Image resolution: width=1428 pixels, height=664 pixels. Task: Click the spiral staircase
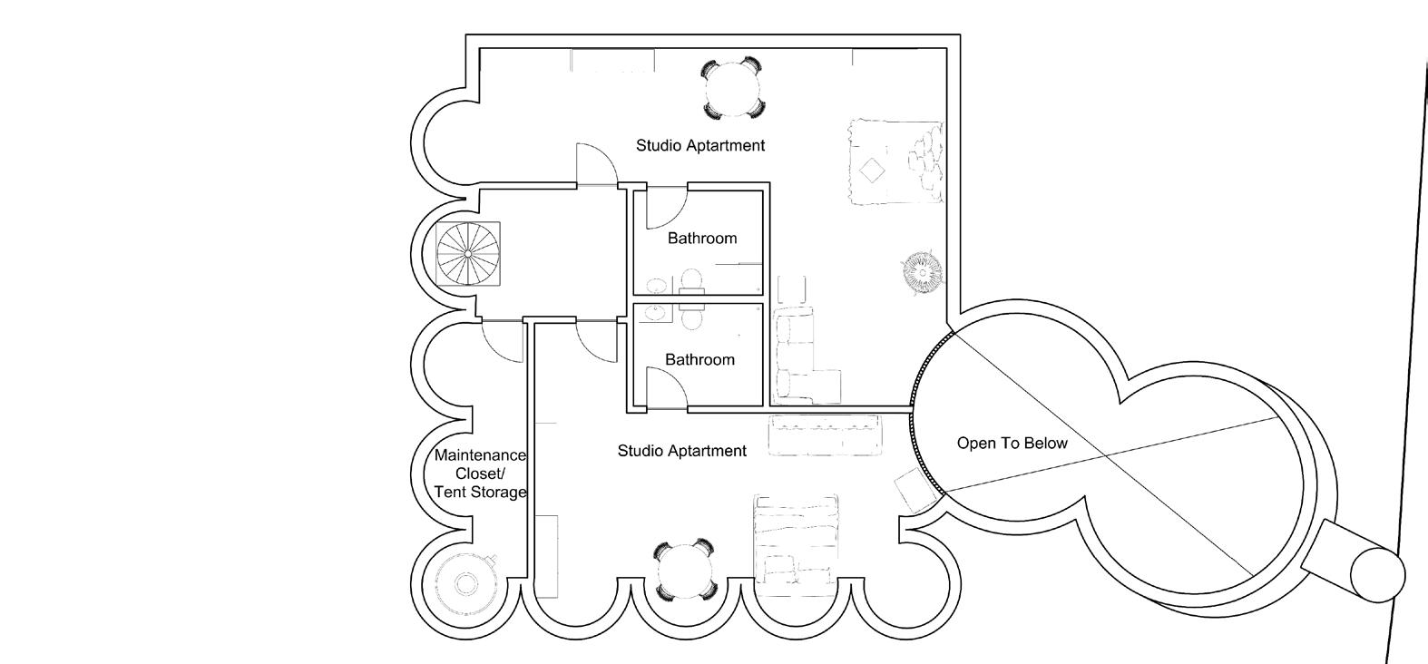pyautogui.click(x=468, y=253)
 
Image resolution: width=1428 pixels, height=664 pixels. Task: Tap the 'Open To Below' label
pyautogui.click(x=1012, y=444)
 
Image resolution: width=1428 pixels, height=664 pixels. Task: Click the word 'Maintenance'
pyautogui.click(x=480, y=455)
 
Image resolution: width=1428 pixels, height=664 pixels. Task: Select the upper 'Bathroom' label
pyautogui.click(x=702, y=239)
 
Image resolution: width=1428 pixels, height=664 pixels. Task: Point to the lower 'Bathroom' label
pyautogui.click(x=699, y=360)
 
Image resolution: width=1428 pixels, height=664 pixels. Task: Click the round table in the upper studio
pyautogui.click(x=732, y=88)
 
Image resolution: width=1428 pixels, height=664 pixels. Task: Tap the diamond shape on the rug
pyautogui.click(x=872, y=171)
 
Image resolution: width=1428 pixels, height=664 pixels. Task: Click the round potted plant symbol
pyautogui.click(x=922, y=271)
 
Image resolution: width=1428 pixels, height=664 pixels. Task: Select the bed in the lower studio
pyautogui.click(x=796, y=540)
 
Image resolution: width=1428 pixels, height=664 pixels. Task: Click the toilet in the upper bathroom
pyautogui.click(x=691, y=279)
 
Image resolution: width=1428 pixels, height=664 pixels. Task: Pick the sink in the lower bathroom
pyautogui.click(x=654, y=314)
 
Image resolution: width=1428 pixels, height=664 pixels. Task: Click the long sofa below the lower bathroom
pyautogui.click(x=825, y=435)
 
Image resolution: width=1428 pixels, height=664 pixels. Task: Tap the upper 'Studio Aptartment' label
pyautogui.click(x=700, y=145)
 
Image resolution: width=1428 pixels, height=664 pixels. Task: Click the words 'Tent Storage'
pyautogui.click(x=480, y=493)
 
